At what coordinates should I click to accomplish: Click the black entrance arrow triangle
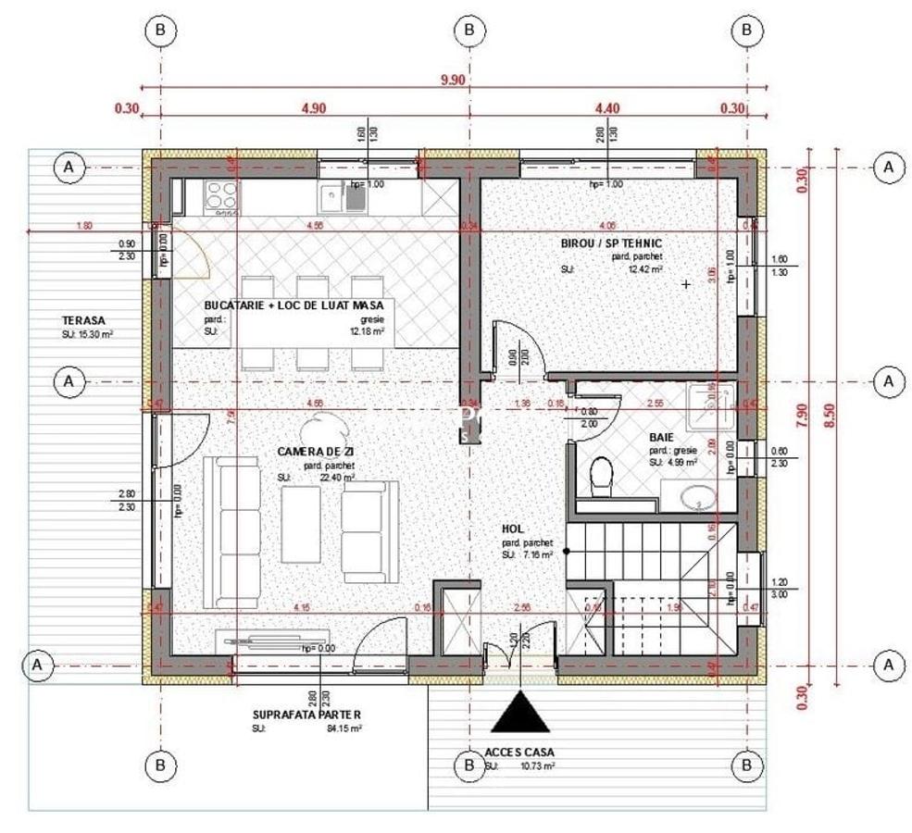tap(520, 715)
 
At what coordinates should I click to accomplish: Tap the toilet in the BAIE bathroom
tap(600, 474)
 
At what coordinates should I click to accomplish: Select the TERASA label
tap(84, 320)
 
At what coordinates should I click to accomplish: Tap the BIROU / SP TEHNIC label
tap(611, 243)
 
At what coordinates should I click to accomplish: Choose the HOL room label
tap(513, 528)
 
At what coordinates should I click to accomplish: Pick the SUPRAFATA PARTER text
tap(306, 715)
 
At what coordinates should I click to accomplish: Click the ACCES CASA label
tap(519, 752)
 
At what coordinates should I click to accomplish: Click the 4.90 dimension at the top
tap(314, 108)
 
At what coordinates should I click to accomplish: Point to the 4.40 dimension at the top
tap(607, 108)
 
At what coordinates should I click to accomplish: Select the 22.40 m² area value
tap(338, 478)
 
